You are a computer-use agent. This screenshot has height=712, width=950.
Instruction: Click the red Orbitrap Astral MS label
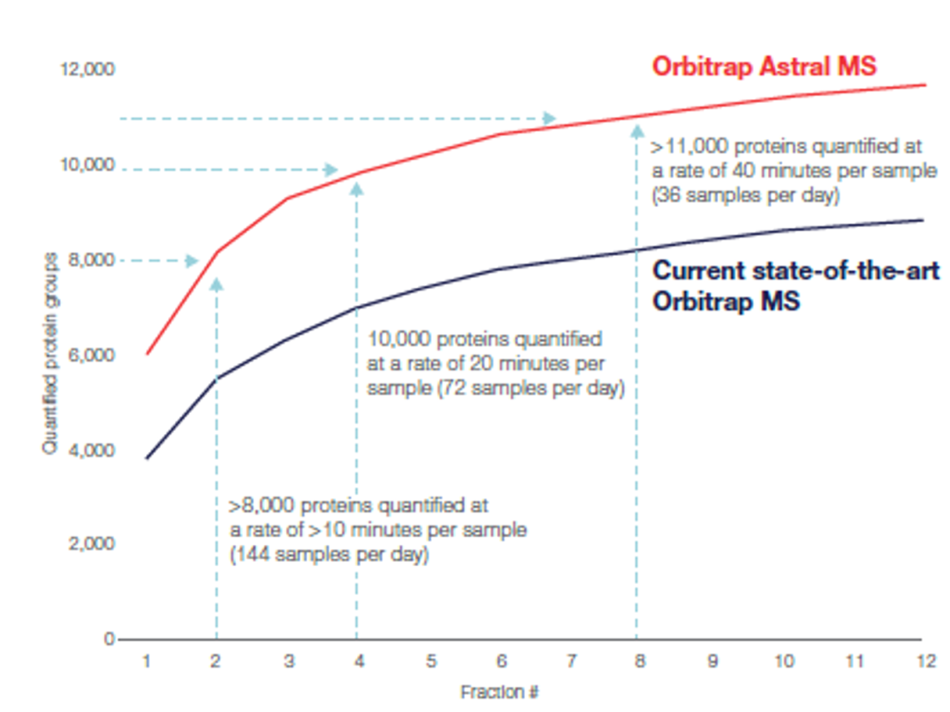coord(764,66)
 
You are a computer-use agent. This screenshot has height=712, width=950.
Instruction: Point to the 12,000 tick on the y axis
coord(86,69)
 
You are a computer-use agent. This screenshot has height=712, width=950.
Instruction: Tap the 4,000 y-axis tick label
coord(91,450)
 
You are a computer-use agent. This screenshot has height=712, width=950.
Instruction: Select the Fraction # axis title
coord(499,692)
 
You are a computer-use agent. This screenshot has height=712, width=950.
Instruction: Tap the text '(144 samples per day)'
coord(329,556)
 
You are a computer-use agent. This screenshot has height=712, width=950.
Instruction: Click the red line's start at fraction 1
coord(146,354)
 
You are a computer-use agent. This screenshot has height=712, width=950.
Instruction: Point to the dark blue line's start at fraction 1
coord(146,458)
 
